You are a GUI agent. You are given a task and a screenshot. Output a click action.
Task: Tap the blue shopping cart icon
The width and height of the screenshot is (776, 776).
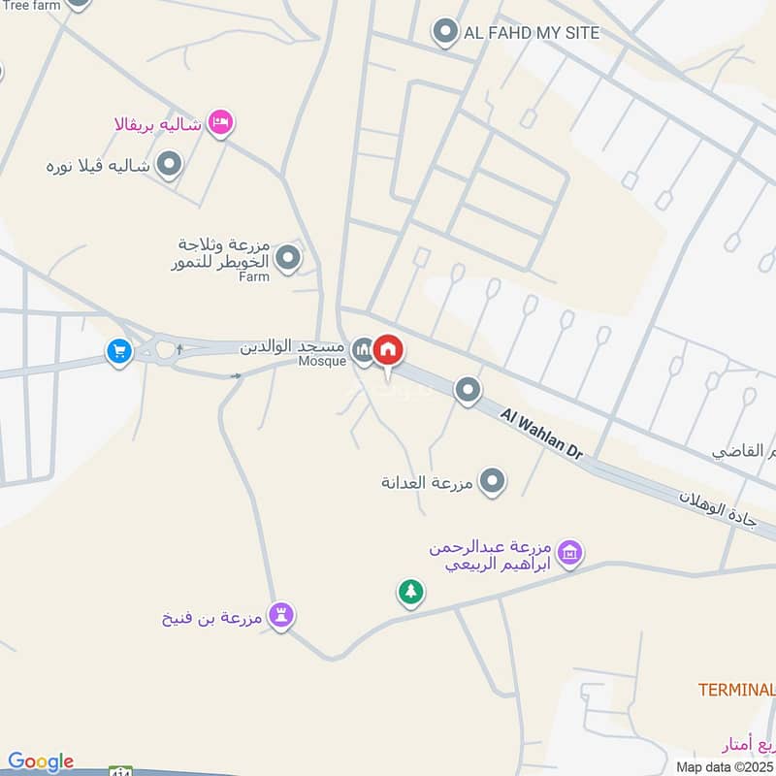coord(119,351)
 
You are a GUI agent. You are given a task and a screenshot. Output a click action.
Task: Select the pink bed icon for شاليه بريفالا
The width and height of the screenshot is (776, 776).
coord(221,123)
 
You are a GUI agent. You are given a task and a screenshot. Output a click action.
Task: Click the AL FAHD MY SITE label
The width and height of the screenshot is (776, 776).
coord(532,33)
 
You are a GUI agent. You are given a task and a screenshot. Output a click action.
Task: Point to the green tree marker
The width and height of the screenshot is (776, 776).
coord(411,591)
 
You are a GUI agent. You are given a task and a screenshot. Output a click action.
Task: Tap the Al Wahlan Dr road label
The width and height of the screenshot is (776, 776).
coord(542,434)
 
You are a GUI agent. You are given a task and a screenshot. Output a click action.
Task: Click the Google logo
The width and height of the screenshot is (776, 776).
coord(40,762)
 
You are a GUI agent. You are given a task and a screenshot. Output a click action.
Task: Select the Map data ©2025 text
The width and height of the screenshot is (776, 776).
coord(725,766)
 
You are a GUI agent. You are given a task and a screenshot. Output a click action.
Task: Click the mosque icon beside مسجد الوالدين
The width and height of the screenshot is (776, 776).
coord(363,348)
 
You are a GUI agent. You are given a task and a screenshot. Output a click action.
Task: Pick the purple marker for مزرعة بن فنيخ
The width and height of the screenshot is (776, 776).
coord(281,615)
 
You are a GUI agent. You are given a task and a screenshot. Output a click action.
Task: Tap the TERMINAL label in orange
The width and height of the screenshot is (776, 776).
coord(736,690)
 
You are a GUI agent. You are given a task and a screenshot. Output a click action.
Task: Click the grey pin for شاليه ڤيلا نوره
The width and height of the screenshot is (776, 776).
coord(170,165)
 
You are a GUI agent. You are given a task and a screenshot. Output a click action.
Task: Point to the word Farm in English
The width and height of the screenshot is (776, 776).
coord(254,276)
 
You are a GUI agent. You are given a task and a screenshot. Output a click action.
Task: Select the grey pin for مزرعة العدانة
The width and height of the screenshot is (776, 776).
coord(494,481)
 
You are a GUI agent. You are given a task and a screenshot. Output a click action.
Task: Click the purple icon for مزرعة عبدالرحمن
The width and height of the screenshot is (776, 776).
coord(570,552)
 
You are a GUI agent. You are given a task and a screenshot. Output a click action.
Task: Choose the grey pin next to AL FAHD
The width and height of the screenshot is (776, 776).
coord(445,32)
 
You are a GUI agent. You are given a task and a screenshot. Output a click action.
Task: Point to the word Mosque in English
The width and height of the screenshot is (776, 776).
coord(321,362)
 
